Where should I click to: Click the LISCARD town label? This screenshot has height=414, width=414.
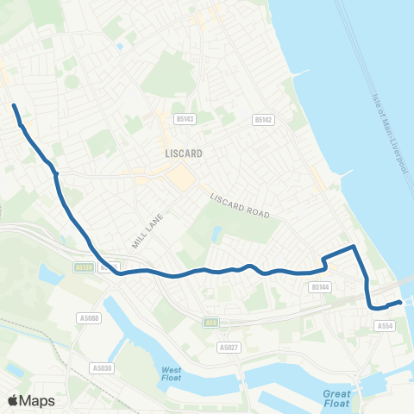pyautogui.click(x=183, y=154)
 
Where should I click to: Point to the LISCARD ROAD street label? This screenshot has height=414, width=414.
pyautogui.click(x=241, y=205)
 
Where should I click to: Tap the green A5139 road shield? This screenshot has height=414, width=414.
pyautogui.click(x=84, y=267)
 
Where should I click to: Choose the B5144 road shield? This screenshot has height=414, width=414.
pyautogui.click(x=320, y=286)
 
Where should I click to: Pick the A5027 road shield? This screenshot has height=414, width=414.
pyautogui.click(x=228, y=348)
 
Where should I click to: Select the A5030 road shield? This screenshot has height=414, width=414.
pyautogui.click(x=100, y=368)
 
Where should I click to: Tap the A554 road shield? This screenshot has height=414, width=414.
pyautogui.click(x=385, y=325)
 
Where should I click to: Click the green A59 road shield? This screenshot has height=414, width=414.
pyautogui.click(x=210, y=323)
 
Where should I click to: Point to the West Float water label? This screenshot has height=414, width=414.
pyautogui.click(x=172, y=373)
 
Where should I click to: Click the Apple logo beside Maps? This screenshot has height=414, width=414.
pyautogui.click(x=13, y=400)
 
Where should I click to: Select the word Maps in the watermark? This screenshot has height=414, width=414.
pyautogui.click(x=38, y=400)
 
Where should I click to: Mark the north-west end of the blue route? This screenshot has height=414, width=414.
pyautogui.click(x=14, y=106)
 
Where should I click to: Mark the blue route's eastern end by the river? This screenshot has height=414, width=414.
pyautogui.click(x=400, y=302)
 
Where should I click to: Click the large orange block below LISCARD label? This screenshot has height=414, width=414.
pyautogui.click(x=181, y=179)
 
